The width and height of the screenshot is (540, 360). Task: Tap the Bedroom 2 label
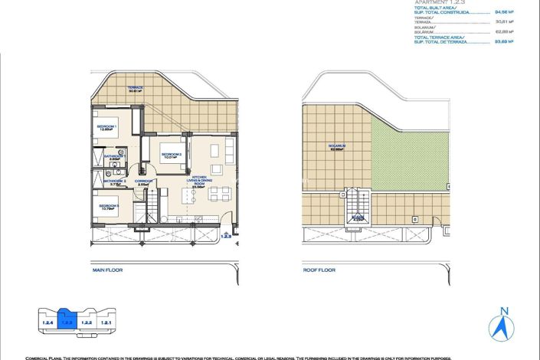[x=171, y=155]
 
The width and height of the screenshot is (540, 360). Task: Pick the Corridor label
[x=142, y=182]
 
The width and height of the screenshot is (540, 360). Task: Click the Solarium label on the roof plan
[x=337, y=146]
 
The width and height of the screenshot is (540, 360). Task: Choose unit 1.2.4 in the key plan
[x=47, y=322]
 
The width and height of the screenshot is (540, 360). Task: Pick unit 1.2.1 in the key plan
[x=107, y=322]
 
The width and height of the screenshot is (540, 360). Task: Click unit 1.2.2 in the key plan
[x=87, y=322]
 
